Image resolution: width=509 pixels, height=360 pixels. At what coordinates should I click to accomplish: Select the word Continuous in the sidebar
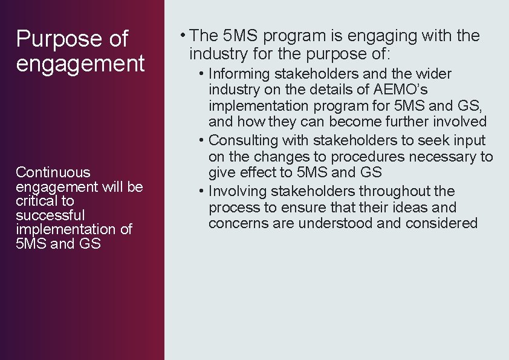pos(53,172)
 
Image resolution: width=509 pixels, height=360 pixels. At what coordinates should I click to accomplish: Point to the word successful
pos(50,215)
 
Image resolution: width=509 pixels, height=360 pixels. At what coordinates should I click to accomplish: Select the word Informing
pos(239,74)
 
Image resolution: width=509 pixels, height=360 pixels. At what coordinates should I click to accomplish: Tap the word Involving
pos(238,191)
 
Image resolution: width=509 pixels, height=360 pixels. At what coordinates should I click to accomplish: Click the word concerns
pos(235,224)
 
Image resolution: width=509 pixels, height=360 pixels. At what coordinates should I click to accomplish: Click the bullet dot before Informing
pos(202,74)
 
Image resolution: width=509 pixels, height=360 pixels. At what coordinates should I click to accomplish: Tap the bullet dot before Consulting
pos(202,140)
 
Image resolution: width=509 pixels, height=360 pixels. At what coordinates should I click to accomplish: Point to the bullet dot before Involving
pos(202,191)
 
